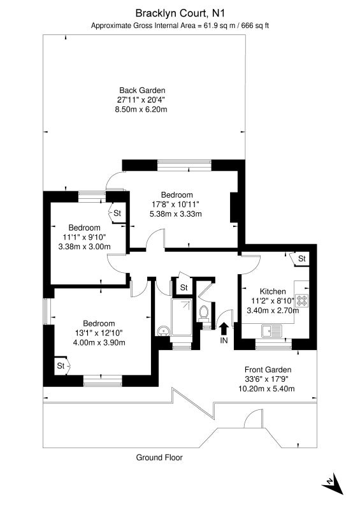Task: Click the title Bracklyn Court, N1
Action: tap(180, 13)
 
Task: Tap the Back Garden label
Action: tap(142, 90)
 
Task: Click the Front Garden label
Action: tap(268, 370)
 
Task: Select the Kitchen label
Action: tap(273, 291)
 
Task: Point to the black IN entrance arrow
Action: tap(224, 328)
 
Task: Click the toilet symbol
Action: tap(204, 312)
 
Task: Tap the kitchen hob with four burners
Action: tap(301, 301)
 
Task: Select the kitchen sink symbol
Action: tap(272, 331)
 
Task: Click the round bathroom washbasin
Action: tap(162, 331)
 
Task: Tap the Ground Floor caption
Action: tap(159, 457)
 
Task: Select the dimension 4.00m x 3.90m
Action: tap(99, 342)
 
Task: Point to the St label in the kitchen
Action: tap(302, 259)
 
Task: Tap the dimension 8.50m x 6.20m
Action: tap(141, 109)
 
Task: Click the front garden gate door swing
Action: tap(253, 419)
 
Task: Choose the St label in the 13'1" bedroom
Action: tap(61, 365)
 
